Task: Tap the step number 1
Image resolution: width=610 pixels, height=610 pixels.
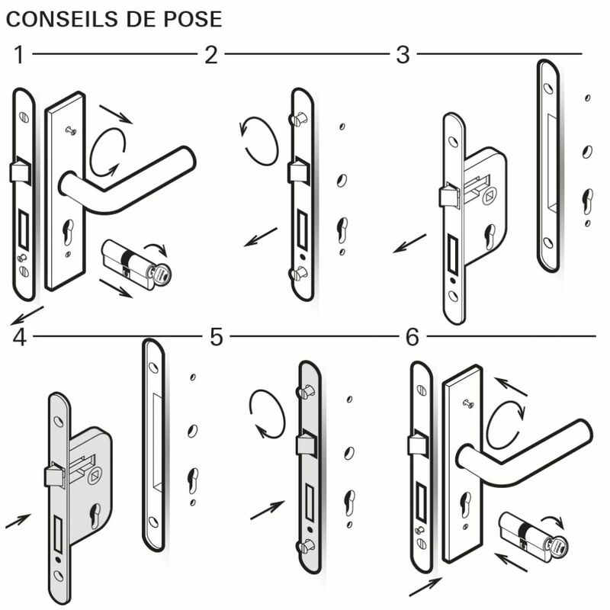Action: point(19,55)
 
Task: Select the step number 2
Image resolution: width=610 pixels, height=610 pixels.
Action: point(211,55)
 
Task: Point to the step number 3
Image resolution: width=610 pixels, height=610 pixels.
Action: point(403,55)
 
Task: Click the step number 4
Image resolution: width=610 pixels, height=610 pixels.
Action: point(20,337)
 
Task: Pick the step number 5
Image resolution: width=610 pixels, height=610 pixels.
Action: point(217,337)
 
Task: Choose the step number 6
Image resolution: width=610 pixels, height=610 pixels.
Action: point(413,337)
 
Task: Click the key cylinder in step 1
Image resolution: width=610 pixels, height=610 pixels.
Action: point(136,265)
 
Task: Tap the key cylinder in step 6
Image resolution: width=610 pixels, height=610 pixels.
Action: point(534,538)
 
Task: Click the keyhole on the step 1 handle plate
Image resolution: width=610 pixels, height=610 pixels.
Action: point(68,233)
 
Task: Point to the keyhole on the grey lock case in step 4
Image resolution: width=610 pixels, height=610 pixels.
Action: point(95,516)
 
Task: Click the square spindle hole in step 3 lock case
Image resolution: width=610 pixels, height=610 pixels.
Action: point(490,197)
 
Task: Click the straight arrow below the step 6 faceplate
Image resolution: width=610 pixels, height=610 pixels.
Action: point(425,587)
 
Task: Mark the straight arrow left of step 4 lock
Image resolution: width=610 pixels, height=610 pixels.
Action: point(18,521)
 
